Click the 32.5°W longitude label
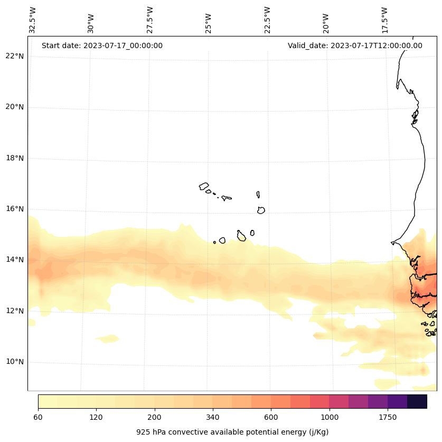[33, 20]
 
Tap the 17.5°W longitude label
[384, 20]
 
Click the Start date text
[102, 45]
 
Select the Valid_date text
[355, 45]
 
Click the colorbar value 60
[38, 417]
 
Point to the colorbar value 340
[213, 417]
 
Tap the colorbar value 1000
[330, 417]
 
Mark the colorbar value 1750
[388, 417]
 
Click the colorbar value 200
[155, 417]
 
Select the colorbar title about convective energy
[232, 432]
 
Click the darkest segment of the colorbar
[417, 401]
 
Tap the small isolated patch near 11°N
[108, 338]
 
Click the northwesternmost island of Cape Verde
[204, 186]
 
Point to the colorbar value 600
[271, 417]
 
